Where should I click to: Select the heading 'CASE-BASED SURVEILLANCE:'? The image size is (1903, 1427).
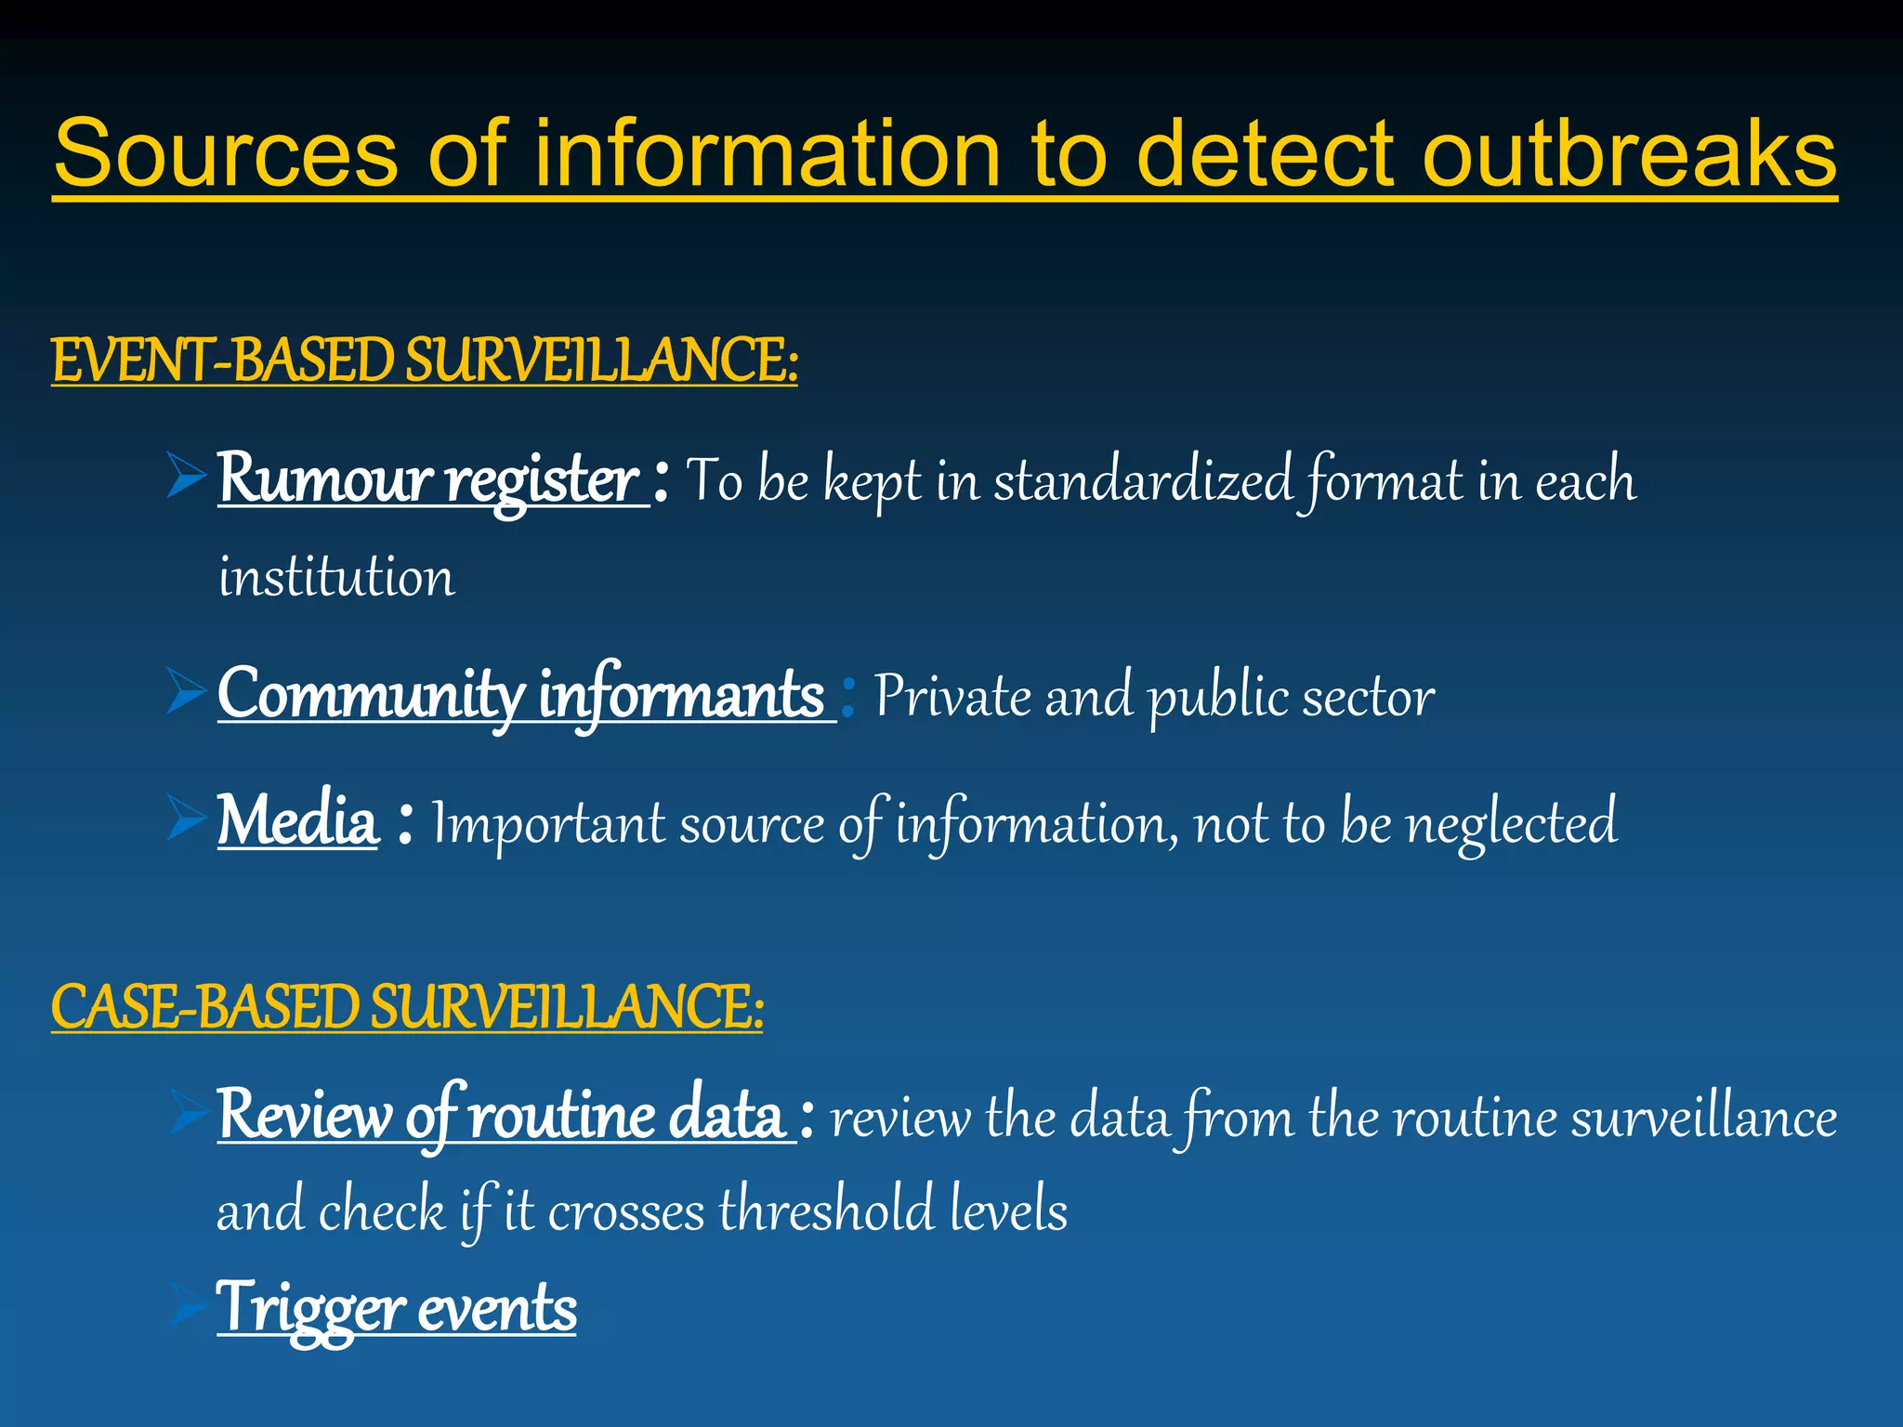coord(407,1007)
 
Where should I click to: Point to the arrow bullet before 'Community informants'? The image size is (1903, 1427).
coord(186,691)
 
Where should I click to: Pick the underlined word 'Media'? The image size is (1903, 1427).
coord(298,821)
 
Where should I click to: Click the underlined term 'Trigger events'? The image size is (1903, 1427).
coord(397,1308)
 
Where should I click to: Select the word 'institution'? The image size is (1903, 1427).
coord(336,577)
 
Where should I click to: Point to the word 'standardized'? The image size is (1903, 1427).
coord(1142,481)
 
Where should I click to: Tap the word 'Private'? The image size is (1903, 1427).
coord(952,696)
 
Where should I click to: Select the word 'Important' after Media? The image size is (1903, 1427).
coord(548,823)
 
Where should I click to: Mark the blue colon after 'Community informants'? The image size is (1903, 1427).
coord(847,697)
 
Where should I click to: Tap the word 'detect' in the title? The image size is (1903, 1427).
coord(1265,153)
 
